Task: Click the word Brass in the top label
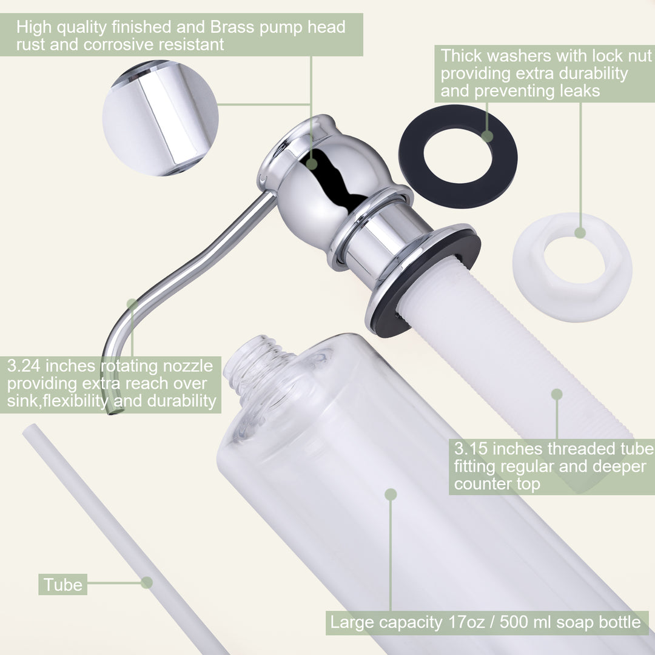pyautogui.click(x=232, y=27)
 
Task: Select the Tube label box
pyautogui.click(x=62, y=585)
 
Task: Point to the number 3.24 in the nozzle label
pyautogui.click(x=24, y=366)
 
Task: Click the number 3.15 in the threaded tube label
pyautogui.click(x=471, y=449)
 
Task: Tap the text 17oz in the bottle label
pyautogui.click(x=466, y=622)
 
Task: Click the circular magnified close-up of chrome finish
pyautogui.click(x=160, y=118)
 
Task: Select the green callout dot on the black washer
pyautogui.click(x=487, y=136)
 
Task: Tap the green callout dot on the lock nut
pyautogui.click(x=580, y=233)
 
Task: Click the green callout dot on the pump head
pyautogui.click(x=312, y=164)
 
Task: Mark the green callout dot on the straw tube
pyautogui.click(x=147, y=582)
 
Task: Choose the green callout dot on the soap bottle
pyautogui.click(x=391, y=495)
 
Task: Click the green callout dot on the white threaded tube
pyautogui.click(x=557, y=394)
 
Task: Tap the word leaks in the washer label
pyautogui.click(x=580, y=91)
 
